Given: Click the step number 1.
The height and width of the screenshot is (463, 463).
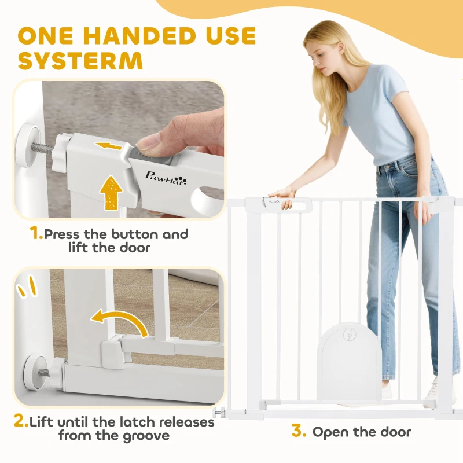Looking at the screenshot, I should [36, 234].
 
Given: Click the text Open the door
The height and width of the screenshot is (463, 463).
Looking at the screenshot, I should [362, 432].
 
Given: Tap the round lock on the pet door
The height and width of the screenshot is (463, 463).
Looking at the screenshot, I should [348, 334].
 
